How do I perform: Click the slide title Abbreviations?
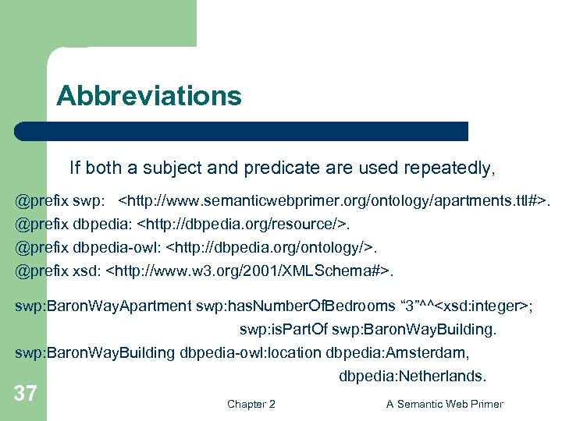click(x=148, y=97)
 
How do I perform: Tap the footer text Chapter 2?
click(x=251, y=404)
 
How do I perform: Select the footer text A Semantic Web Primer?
click(x=445, y=404)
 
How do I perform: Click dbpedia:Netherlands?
click(x=412, y=377)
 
